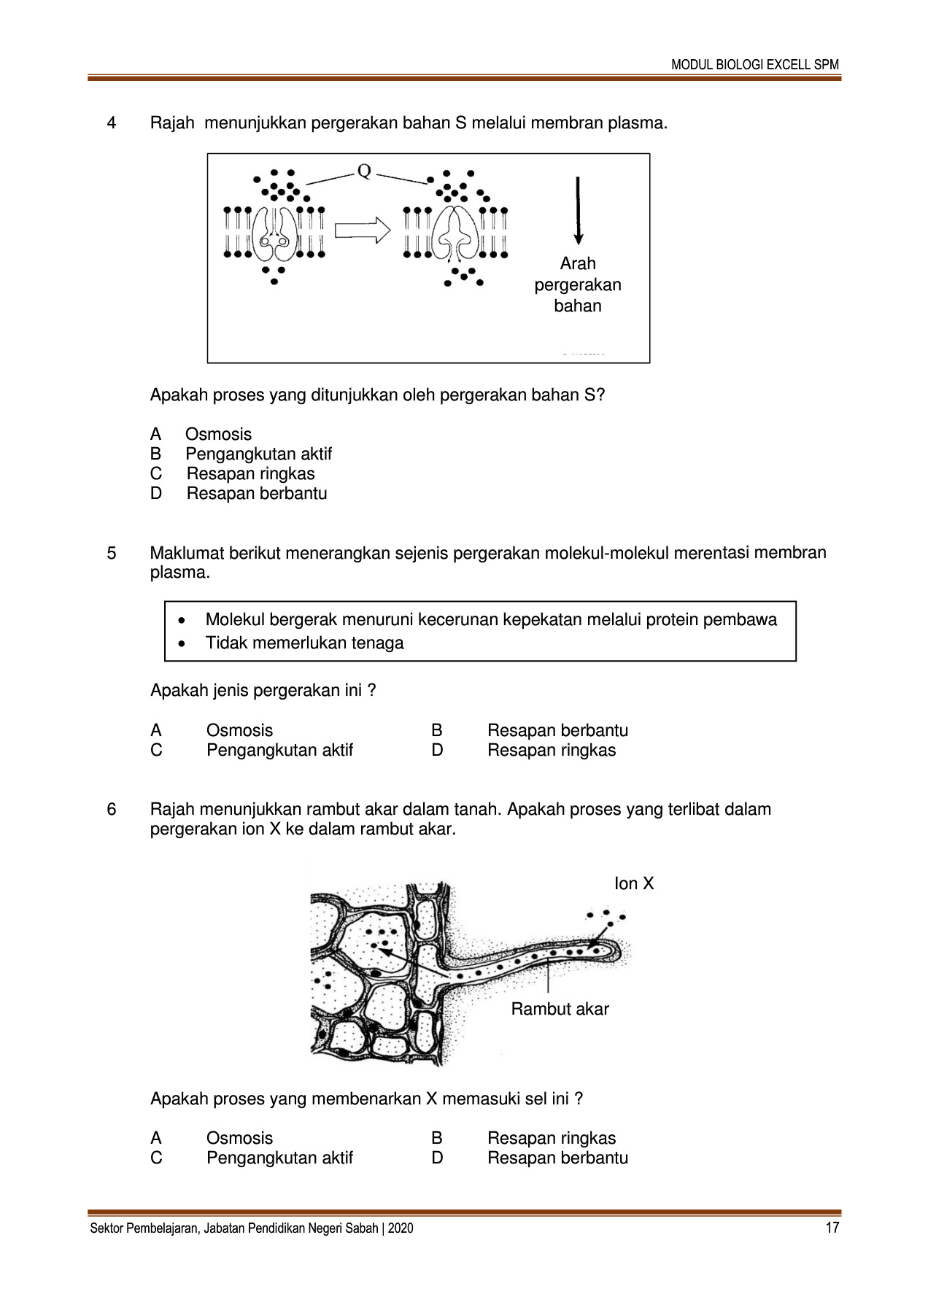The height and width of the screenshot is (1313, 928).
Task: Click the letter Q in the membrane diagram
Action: coord(364,172)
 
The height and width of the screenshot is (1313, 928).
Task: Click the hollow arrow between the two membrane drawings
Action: coord(363,231)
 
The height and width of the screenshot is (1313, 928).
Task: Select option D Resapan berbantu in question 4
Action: coord(256,494)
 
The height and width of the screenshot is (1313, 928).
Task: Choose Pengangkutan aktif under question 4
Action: coord(258,454)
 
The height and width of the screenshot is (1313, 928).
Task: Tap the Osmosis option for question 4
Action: coord(218,435)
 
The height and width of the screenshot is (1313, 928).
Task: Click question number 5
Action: coord(112,553)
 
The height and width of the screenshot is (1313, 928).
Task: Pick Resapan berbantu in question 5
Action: coord(557,731)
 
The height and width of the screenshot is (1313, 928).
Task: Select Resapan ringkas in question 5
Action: coord(551,751)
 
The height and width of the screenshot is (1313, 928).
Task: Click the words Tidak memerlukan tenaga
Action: coord(304,643)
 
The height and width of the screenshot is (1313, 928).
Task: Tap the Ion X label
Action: coord(634,884)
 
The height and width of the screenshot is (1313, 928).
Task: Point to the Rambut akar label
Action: coord(560,1010)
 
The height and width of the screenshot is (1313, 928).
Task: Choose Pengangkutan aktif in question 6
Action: coord(279,1158)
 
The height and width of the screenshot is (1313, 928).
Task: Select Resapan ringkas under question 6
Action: coord(551,1139)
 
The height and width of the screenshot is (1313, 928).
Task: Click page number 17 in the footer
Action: coord(832,1228)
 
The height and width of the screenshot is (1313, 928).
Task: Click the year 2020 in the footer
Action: coord(401,1228)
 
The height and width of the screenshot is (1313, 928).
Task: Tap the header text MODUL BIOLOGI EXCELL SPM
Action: coord(755,64)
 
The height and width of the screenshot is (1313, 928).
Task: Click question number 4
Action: coord(112,123)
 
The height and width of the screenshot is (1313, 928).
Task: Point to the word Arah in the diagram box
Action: coord(578,263)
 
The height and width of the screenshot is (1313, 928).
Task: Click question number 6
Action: coord(112,810)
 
